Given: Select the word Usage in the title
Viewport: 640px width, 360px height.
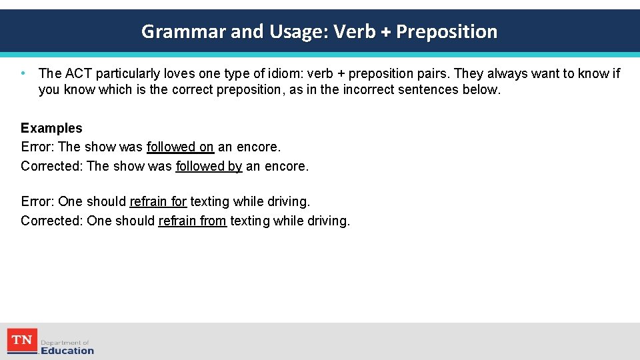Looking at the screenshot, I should pyautogui.click(x=293, y=31).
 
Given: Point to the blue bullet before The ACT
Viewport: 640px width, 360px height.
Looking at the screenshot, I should pyautogui.click(x=23, y=73).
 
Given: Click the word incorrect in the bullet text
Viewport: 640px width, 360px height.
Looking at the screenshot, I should pyautogui.click(x=369, y=89).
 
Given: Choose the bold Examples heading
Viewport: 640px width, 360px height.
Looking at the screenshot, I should pyautogui.click(x=51, y=128).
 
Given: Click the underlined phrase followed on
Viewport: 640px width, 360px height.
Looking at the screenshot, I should pyautogui.click(x=180, y=147).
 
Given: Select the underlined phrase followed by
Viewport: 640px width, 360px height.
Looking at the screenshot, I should pyautogui.click(x=209, y=166).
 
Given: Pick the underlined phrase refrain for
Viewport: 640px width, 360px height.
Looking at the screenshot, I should pyautogui.click(x=158, y=201).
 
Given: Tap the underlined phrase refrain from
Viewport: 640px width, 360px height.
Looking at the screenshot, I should pyautogui.click(x=193, y=221).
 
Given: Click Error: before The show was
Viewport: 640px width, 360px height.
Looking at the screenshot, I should pyautogui.click(x=38, y=147).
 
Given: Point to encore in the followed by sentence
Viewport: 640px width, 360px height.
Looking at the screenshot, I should pyautogui.click(x=287, y=166).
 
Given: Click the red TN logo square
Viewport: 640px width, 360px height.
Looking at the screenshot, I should pyautogui.click(x=22, y=341).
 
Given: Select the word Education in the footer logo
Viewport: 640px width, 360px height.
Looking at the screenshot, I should pyautogui.click(x=67, y=350).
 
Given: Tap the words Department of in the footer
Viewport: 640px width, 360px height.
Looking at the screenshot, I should pyautogui.click(x=65, y=342).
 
